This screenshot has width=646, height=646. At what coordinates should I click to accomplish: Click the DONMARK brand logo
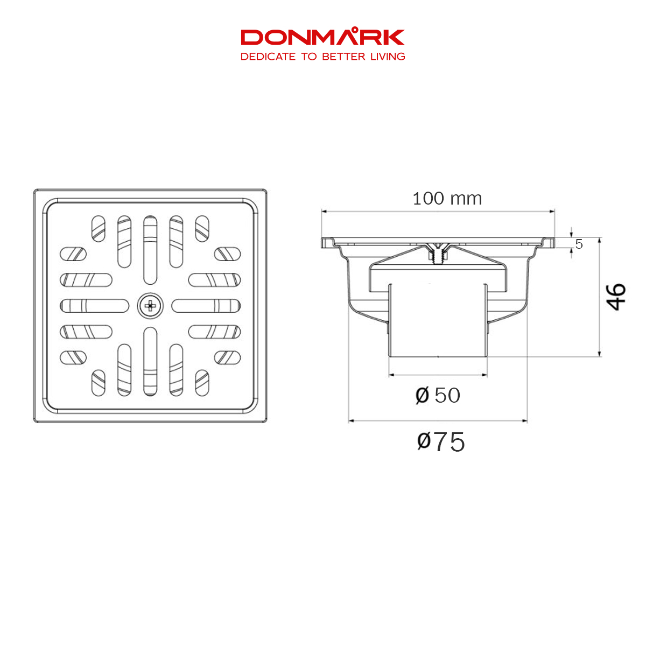[x=322, y=37]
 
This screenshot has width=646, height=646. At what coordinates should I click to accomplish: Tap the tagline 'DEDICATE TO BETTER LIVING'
[x=322, y=57]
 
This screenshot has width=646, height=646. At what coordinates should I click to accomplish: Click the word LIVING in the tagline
[x=387, y=57]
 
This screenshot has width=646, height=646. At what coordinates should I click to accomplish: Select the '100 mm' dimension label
[x=447, y=199]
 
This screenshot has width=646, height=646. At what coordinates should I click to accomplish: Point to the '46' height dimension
[x=617, y=297]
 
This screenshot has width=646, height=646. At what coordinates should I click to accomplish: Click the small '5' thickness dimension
[x=579, y=244]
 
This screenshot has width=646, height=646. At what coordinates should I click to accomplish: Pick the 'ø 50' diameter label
[x=438, y=396]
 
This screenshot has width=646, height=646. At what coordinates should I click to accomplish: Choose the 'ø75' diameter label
[x=440, y=442]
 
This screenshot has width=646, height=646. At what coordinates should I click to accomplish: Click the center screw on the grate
[x=150, y=306]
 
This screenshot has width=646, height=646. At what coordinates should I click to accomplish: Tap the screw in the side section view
[x=438, y=253]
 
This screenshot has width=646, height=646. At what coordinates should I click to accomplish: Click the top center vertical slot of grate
[x=150, y=250]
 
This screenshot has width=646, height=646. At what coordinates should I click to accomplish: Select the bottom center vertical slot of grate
[x=150, y=361]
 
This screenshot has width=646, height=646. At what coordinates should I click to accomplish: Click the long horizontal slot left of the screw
[x=95, y=306]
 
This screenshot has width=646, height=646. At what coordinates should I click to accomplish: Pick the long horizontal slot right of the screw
[x=206, y=306]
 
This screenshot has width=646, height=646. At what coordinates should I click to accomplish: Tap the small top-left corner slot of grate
[x=99, y=228]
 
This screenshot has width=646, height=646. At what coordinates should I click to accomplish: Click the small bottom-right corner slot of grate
[x=202, y=383]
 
